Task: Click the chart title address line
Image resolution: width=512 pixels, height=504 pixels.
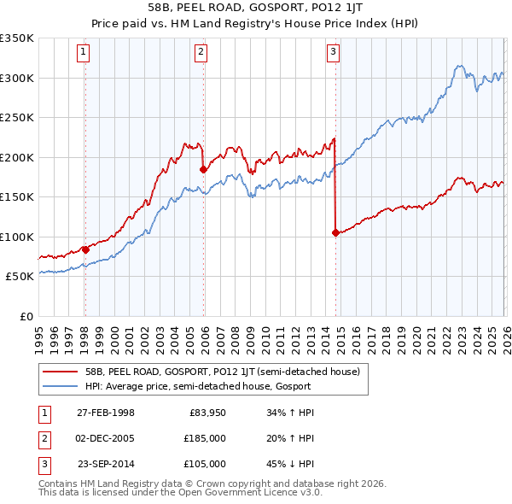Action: click(x=255, y=7)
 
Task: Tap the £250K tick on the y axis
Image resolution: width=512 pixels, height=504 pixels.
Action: click(x=17, y=118)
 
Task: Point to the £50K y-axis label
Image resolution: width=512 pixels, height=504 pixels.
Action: click(x=20, y=277)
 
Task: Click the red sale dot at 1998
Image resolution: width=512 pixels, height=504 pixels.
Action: click(x=85, y=249)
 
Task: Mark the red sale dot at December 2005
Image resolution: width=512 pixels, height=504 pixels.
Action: click(x=202, y=169)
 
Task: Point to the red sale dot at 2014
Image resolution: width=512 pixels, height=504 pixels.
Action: click(x=335, y=232)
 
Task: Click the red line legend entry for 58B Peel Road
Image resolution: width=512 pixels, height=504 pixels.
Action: click(x=222, y=372)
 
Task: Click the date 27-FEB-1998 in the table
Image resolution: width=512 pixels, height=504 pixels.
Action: click(x=106, y=413)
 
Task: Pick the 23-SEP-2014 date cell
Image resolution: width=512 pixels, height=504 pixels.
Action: click(x=106, y=464)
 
